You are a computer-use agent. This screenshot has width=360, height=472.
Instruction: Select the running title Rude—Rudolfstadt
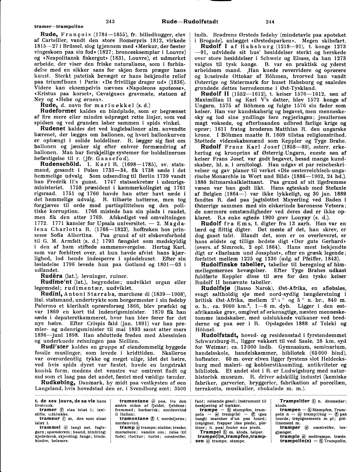[x=190, y=22]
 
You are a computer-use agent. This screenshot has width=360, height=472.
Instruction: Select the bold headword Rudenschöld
[x=60, y=164]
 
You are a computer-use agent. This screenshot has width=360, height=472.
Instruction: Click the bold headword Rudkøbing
[x=60, y=382]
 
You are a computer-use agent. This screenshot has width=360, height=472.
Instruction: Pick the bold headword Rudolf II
[x=214, y=94]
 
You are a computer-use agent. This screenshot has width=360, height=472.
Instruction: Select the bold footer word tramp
[x=127, y=427]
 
